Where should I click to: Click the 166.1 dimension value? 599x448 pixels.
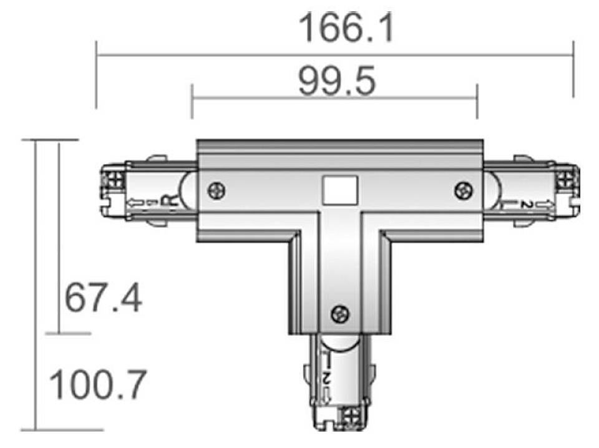(x=346, y=28)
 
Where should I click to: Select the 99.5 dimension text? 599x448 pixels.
(x=336, y=82)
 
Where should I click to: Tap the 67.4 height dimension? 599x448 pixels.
(x=104, y=298)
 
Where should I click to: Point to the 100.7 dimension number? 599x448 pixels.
(x=97, y=384)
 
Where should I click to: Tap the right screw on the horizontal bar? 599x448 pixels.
(x=463, y=189)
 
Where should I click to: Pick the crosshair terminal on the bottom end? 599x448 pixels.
(x=349, y=416)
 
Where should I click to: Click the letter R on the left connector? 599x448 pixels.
(x=168, y=201)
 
